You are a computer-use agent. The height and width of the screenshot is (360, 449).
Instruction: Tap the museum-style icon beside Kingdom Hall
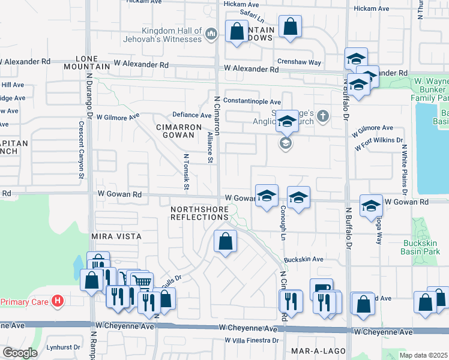[211, 35]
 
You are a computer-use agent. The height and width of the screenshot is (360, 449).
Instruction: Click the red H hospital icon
[58, 300]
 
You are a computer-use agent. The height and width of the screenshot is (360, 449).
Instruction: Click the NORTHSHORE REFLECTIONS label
[199, 213]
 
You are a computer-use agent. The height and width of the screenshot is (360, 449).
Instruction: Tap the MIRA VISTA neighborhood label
[116, 236]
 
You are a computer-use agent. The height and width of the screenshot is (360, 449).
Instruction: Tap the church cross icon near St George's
[323, 116]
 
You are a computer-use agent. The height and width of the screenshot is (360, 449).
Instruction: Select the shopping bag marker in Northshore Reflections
[225, 242]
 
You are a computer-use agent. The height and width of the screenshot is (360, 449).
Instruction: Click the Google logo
[20, 352]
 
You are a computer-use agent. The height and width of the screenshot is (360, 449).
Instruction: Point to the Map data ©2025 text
[424, 355]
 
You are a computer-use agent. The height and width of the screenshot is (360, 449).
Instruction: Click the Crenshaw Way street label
[298, 62]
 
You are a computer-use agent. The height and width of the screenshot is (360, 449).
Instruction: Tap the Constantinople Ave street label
[252, 102]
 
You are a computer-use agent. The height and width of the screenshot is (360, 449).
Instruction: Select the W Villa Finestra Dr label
[252, 340]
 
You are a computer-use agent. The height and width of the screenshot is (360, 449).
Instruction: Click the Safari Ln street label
[252, 13]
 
